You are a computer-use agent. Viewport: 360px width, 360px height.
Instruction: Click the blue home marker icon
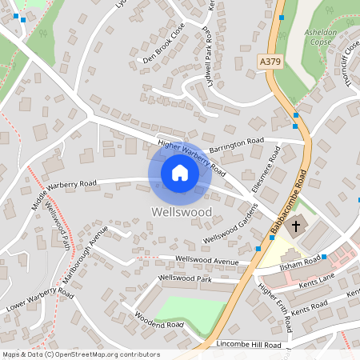(180, 173)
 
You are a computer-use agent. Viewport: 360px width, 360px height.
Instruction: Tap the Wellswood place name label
(180, 212)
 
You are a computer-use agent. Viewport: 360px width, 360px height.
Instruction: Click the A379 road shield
(270, 61)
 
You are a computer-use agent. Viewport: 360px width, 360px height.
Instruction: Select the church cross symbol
(295, 226)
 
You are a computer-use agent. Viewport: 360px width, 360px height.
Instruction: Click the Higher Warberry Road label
(192, 158)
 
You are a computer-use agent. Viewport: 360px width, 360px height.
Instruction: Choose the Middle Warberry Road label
(64, 194)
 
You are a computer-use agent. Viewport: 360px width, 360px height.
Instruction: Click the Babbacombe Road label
(289, 203)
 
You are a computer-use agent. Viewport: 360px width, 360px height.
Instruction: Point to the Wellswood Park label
(185, 278)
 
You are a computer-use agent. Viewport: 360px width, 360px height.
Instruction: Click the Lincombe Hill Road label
(249, 344)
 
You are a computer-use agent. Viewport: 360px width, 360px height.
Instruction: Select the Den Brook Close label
(163, 53)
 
